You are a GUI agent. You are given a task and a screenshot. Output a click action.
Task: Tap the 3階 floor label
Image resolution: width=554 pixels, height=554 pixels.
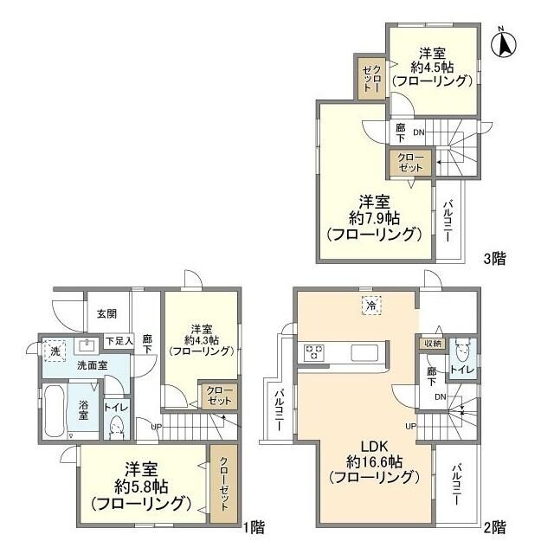coord(494,257)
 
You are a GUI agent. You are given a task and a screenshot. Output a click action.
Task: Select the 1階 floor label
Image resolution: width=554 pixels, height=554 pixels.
coord(253,525)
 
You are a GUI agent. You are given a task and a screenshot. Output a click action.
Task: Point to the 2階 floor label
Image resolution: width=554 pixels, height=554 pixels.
coord(494,525)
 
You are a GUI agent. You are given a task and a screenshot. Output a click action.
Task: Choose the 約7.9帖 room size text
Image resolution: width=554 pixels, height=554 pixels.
coord(374,216)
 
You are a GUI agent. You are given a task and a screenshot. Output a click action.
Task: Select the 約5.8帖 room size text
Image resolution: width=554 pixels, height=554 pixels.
coord(144,486)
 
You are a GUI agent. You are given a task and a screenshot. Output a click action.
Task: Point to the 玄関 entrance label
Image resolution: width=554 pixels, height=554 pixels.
coord(106,314)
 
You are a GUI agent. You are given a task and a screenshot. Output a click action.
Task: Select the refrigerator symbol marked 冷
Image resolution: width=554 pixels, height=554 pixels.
coord(370,305)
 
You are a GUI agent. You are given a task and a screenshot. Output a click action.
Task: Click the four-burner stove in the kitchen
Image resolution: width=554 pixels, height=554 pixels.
coord(310,352)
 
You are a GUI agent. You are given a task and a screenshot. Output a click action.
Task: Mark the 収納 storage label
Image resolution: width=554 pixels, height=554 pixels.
coord(431,344)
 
